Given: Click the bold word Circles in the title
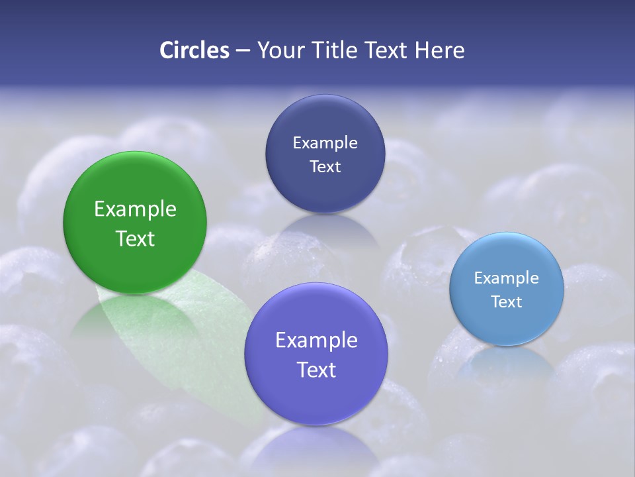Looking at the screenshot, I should tap(194, 50).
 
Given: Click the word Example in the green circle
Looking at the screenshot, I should tap(135, 209).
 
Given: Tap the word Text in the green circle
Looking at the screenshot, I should tap(135, 238).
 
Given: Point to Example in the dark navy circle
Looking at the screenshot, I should tap(325, 142).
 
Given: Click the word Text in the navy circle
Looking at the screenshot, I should tap(325, 166).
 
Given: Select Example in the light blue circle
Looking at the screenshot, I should tap(507, 278).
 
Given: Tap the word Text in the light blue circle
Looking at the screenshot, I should tap(507, 301).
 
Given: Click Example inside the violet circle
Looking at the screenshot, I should tap(316, 340).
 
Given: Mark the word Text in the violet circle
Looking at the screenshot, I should tap(316, 370).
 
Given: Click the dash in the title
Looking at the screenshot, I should tap(242, 51).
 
